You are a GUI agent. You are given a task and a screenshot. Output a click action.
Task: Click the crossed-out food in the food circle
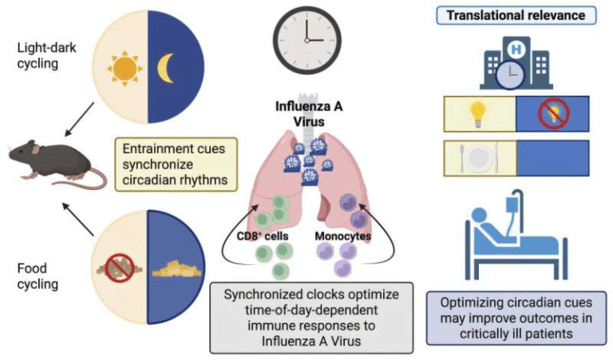click(122, 268)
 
